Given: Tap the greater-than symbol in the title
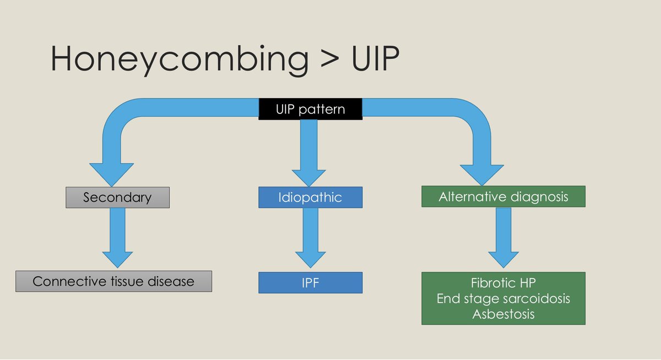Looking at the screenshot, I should [x=329, y=59].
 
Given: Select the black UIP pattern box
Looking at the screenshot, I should [x=310, y=109].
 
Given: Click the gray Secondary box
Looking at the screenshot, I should [x=117, y=197].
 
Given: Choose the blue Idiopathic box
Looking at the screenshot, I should [x=310, y=197].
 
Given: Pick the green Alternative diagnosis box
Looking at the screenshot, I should [x=503, y=197].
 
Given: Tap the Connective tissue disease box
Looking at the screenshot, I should [x=113, y=281].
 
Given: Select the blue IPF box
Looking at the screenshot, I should [x=310, y=282].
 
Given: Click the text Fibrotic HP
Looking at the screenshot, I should [x=503, y=284].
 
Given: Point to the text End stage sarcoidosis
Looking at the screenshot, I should [x=503, y=299].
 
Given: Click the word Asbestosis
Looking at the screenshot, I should [x=503, y=314].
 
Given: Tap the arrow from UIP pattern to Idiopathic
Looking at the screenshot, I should [x=310, y=154].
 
